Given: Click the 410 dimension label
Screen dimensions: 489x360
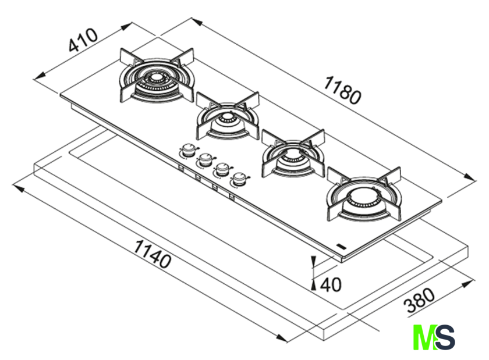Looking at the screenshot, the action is coord(83,40).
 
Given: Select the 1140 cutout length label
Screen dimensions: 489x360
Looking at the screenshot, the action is coord(152,254).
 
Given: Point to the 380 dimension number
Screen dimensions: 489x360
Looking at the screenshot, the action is coord(420,301).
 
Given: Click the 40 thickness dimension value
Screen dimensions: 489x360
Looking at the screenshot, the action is coord(331,284).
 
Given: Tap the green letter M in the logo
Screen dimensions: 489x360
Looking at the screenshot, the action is coord(425,337).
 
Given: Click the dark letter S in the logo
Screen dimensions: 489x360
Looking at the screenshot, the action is coord(445,337).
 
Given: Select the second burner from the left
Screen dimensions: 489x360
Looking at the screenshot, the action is coord(228,116).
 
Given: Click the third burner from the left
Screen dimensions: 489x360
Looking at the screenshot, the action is coord(293,154).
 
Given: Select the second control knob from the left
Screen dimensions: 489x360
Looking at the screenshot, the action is coord(205,159).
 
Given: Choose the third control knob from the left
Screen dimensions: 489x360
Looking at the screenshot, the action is coord(222,169).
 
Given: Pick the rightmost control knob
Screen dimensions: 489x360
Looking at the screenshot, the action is coord(239,179).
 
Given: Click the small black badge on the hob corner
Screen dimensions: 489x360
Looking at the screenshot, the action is coord(342,246).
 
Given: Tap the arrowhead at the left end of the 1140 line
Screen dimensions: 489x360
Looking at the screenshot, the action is coord(18,188).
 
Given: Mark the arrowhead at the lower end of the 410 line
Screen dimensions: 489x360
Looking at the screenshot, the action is coord(40,76).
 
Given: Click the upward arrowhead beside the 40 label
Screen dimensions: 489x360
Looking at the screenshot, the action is coord(314,284).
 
